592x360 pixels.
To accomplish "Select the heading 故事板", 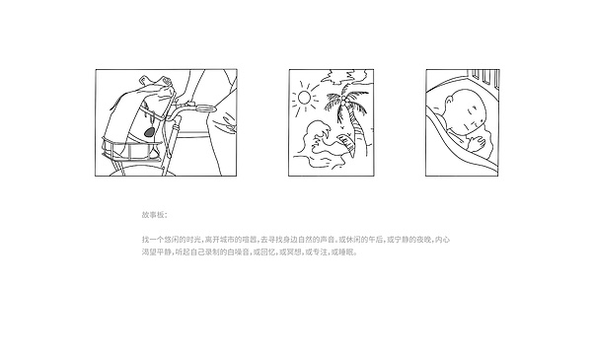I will (155, 215).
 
